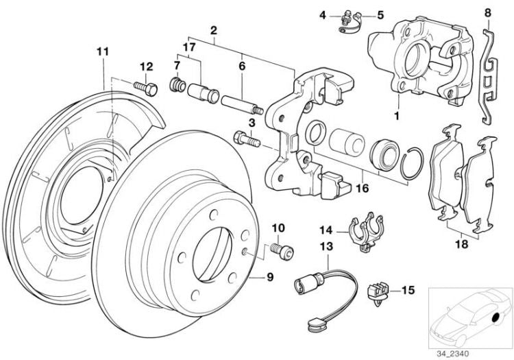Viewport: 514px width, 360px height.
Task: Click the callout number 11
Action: (102, 51)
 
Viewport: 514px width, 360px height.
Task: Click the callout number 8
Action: (487, 12)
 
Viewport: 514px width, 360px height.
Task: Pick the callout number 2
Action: (214, 31)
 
